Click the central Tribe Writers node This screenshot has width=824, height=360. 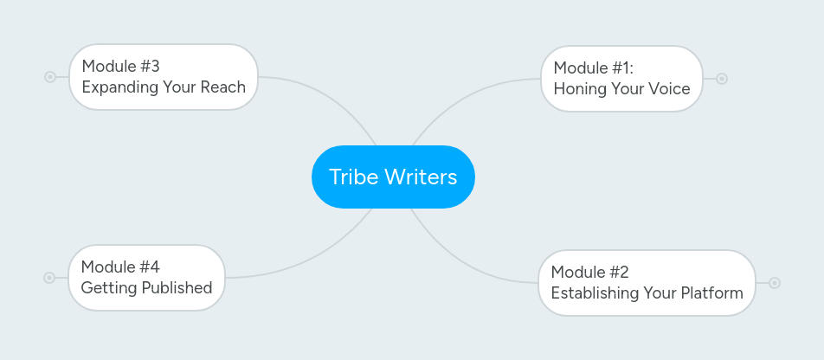[x=393, y=177]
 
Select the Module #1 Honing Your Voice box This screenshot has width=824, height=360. [x=621, y=78]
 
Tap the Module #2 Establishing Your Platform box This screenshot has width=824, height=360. [x=646, y=283]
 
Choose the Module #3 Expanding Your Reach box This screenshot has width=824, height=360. [x=163, y=76]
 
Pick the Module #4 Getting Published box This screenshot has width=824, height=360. [x=146, y=277]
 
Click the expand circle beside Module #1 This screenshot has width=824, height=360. [x=722, y=79]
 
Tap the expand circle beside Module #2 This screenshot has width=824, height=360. [x=775, y=283]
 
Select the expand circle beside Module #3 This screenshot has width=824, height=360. [x=50, y=77]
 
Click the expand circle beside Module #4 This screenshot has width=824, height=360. [x=49, y=278]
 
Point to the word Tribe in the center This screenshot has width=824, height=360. [x=353, y=177]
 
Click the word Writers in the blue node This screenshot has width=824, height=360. [x=421, y=177]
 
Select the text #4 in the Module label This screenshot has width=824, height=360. [x=149, y=267]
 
